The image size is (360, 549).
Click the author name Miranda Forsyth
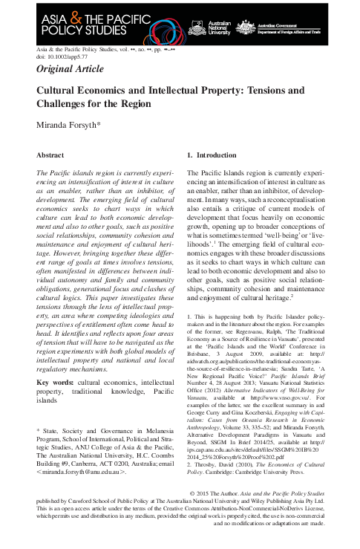68,126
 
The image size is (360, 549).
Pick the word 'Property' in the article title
210,91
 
